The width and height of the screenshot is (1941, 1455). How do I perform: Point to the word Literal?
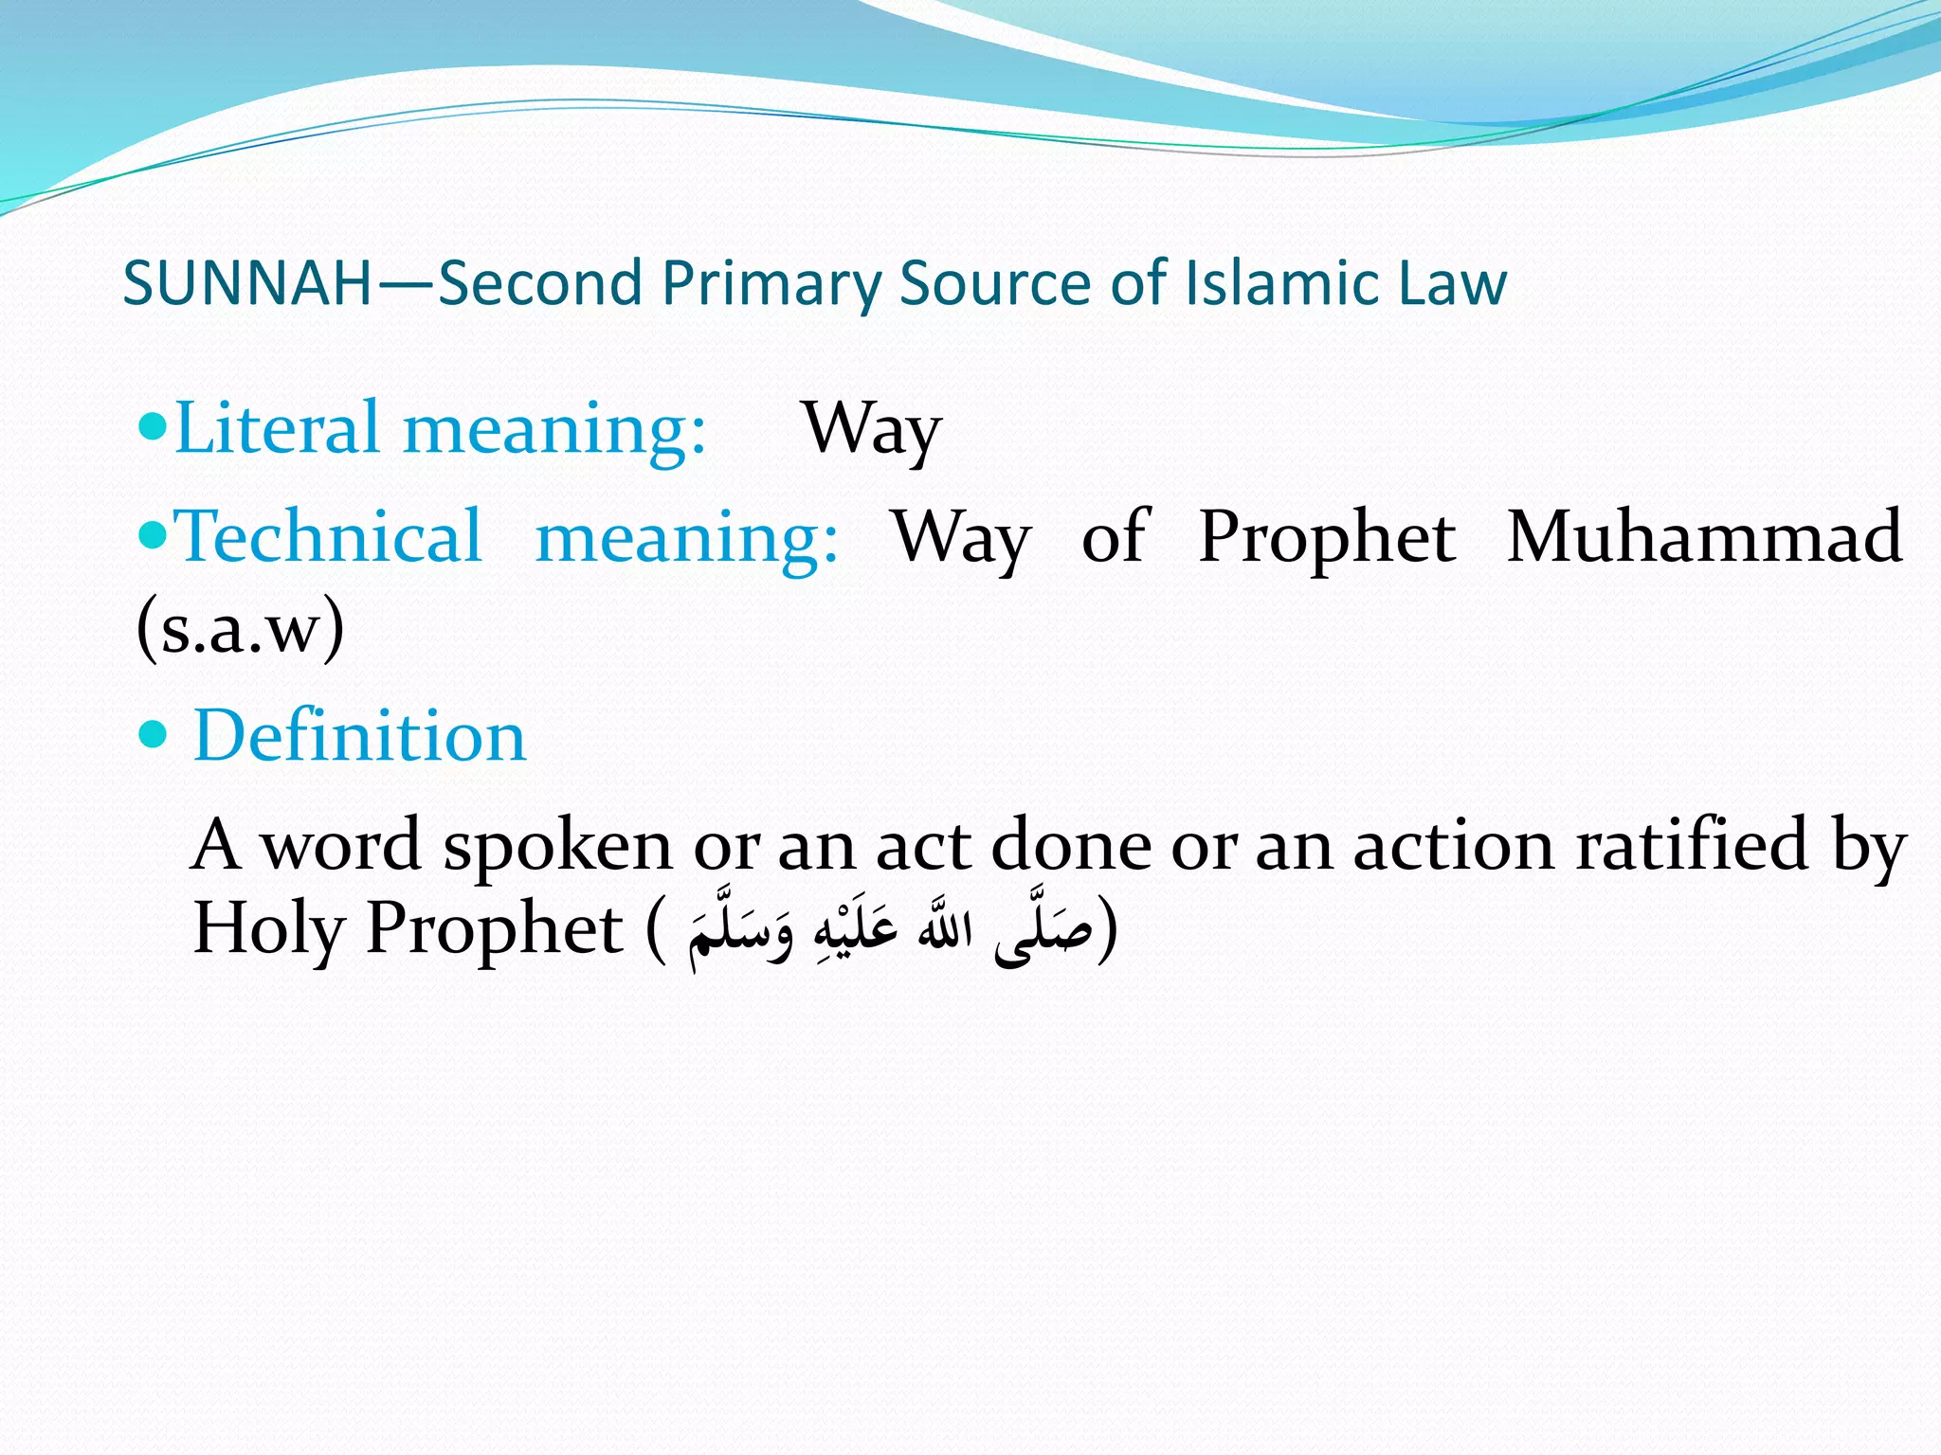(x=277, y=428)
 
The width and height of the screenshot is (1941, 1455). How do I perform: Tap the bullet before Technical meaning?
(x=152, y=535)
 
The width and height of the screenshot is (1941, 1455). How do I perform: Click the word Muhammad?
(x=1704, y=536)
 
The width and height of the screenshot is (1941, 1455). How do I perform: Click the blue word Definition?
(x=359, y=736)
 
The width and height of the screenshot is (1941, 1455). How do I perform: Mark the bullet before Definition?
(x=152, y=734)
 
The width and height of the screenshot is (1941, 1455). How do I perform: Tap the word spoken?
(x=557, y=846)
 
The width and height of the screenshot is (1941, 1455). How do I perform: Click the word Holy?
(x=267, y=929)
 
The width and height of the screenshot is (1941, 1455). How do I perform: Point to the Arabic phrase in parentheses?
(x=891, y=929)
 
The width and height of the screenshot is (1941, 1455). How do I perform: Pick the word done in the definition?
(x=1070, y=844)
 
